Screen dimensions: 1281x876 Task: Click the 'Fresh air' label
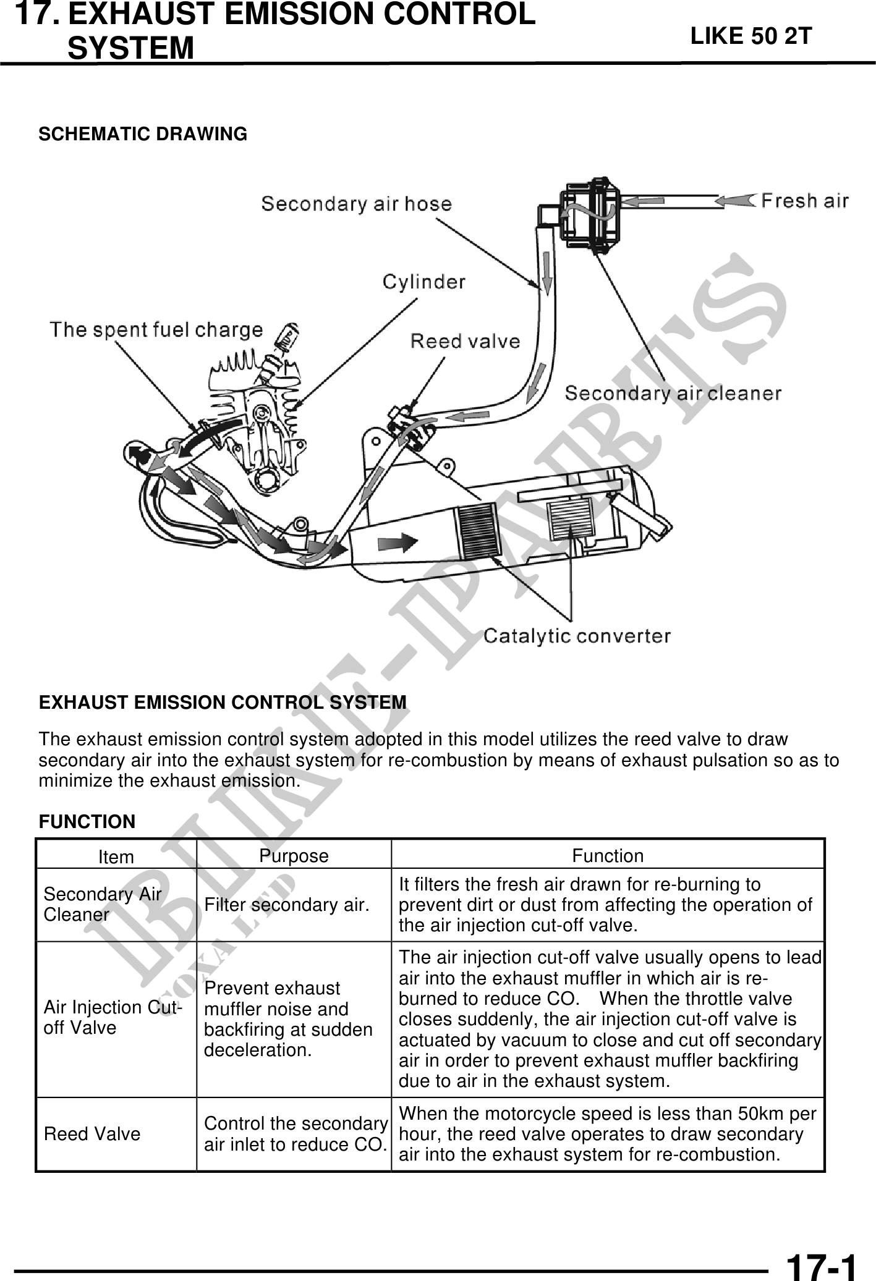tap(804, 201)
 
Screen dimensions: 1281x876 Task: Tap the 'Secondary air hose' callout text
tap(356, 203)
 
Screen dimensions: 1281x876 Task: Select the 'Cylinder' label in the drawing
tap(423, 282)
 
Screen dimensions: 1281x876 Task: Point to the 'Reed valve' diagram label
tap(465, 340)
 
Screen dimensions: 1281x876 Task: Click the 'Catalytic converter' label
tap(577, 635)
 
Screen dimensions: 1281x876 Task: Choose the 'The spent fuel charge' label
tap(156, 329)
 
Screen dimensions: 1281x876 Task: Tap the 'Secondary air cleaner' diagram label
tap(673, 393)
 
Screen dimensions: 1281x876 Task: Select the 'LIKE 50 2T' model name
tap(751, 36)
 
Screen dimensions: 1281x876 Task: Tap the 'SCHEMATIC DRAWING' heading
tap(143, 133)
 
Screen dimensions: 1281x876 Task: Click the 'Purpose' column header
tap(294, 856)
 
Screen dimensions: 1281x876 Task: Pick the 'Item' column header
tap(116, 857)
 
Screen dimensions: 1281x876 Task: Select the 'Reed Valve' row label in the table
tap(92, 1134)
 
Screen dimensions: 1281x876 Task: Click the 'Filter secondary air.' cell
tap(287, 905)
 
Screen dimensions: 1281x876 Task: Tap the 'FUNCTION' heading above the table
tap(87, 822)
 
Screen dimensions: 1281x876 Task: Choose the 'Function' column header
tap(608, 856)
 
